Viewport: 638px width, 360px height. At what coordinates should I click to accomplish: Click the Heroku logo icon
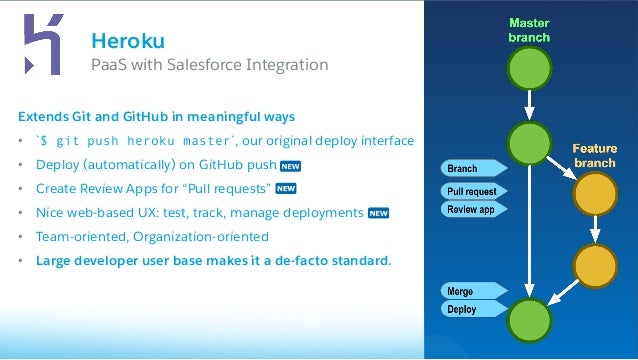click(42, 46)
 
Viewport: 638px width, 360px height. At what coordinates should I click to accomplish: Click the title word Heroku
click(127, 40)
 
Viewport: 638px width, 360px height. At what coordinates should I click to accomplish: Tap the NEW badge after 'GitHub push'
click(291, 165)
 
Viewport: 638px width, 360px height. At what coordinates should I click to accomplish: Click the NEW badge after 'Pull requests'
click(286, 188)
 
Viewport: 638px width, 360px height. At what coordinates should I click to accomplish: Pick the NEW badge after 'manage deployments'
click(378, 212)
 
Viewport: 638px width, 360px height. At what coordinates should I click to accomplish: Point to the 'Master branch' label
click(527, 30)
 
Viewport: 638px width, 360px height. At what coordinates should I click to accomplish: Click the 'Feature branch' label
click(594, 155)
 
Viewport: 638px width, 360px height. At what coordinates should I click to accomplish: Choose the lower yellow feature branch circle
click(594, 267)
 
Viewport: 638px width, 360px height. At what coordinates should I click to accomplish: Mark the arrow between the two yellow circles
click(594, 230)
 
